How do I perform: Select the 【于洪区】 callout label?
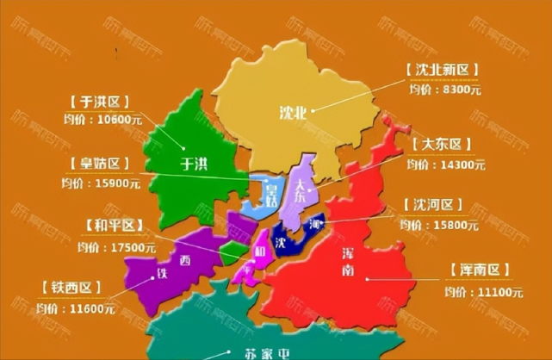click(x=102, y=102)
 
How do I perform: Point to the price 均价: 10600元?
click(x=102, y=121)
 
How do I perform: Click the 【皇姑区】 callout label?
click(x=101, y=163)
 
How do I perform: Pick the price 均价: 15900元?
click(x=100, y=183)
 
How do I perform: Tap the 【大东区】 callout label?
click(x=444, y=144)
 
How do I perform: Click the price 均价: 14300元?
click(x=446, y=163)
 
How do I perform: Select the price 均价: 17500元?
click(x=115, y=247)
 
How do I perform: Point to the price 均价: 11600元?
click(x=75, y=307)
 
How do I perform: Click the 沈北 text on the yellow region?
click(x=292, y=110)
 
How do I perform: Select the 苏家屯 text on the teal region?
click(x=243, y=352)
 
